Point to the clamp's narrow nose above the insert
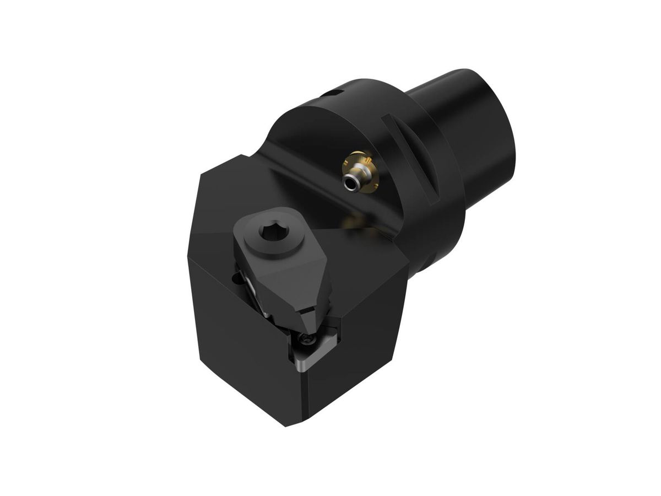pos(312,320)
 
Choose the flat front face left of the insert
pos(237,342)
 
